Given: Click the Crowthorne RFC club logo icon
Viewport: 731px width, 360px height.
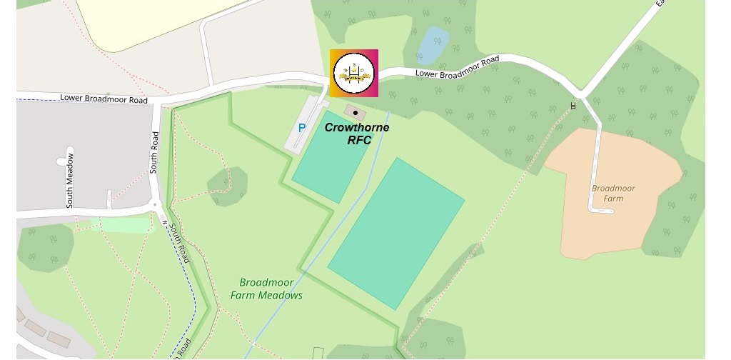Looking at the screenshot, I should (x=354, y=73).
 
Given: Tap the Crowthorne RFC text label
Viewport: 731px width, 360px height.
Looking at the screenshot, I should (x=357, y=134).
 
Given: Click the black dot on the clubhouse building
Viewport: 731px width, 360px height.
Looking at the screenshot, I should (x=355, y=113).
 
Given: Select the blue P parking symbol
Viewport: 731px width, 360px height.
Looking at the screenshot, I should (x=302, y=129).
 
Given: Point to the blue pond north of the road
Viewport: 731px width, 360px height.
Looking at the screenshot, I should (x=433, y=44).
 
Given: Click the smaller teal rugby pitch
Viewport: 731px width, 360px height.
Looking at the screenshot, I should (x=333, y=156).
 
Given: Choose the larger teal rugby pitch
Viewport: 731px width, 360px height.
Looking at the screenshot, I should (x=396, y=233).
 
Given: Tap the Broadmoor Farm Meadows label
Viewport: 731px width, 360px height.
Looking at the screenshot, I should (x=267, y=289).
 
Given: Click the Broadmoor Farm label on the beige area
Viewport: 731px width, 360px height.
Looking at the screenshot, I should (x=612, y=193).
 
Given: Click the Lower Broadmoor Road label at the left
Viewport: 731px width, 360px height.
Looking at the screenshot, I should (x=104, y=99).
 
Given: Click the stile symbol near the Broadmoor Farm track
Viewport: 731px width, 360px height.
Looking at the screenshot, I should (x=573, y=106).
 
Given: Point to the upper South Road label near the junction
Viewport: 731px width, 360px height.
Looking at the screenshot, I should (x=153, y=152).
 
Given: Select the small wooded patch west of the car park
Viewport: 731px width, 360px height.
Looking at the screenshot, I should (x=228, y=186).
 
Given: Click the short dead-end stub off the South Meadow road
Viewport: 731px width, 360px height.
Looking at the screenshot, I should (x=109, y=199).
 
